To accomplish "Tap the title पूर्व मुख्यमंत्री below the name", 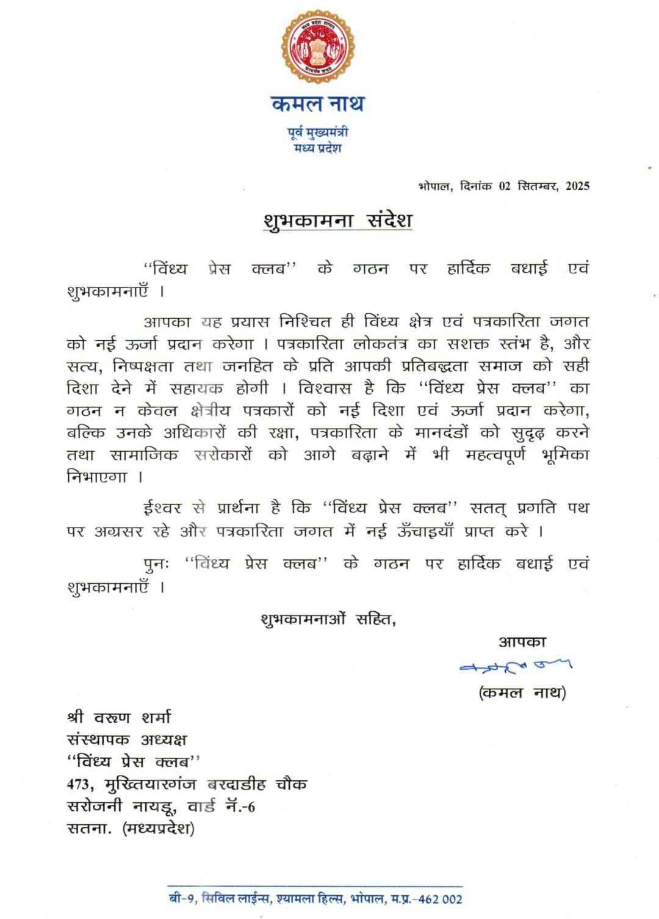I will (x=318, y=132).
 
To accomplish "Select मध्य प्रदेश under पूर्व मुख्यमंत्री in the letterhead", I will (x=318, y=148).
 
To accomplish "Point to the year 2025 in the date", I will (x=577, y=186).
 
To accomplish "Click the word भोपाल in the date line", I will (x=435, y=186).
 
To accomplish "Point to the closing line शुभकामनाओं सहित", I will (x=328, y=619).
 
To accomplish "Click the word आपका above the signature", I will (x=522, y=642).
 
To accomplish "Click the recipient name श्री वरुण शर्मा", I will (x=119, y=717).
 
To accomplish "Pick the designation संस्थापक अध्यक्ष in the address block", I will (x=127, y=739).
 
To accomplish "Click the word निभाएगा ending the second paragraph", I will (x=97, y=477).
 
